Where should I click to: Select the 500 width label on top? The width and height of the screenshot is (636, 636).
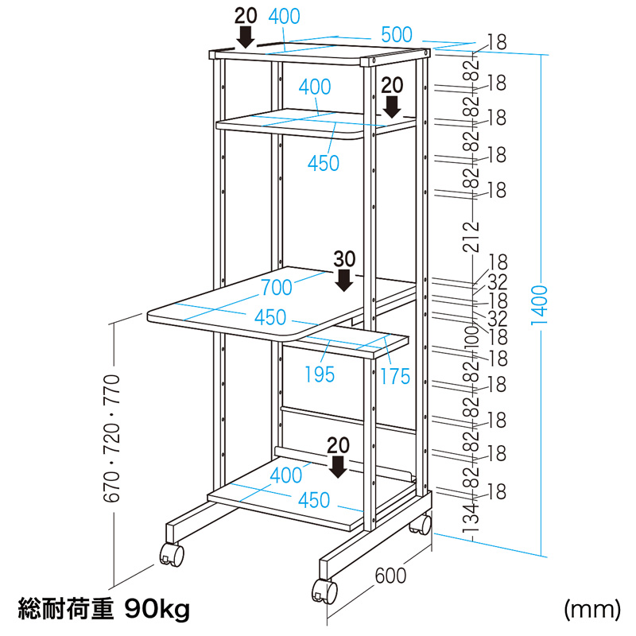[396, 34]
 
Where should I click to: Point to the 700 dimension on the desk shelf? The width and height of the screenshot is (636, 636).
[276, 288]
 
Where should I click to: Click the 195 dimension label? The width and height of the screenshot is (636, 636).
[320, 373]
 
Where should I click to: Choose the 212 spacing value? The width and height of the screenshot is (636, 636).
[475, 236]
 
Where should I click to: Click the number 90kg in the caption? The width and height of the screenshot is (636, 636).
[158, 610]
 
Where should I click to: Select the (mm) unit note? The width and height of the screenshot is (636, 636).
[591, 610]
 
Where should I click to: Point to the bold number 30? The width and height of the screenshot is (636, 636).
[344, 258]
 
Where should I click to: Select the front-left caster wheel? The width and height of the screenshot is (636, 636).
[171, 554]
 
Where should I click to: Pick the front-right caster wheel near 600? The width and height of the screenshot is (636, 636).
[324, 591]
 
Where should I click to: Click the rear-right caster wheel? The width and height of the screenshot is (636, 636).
[420, 525]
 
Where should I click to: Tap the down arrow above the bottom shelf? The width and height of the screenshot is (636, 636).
[339, 466]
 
